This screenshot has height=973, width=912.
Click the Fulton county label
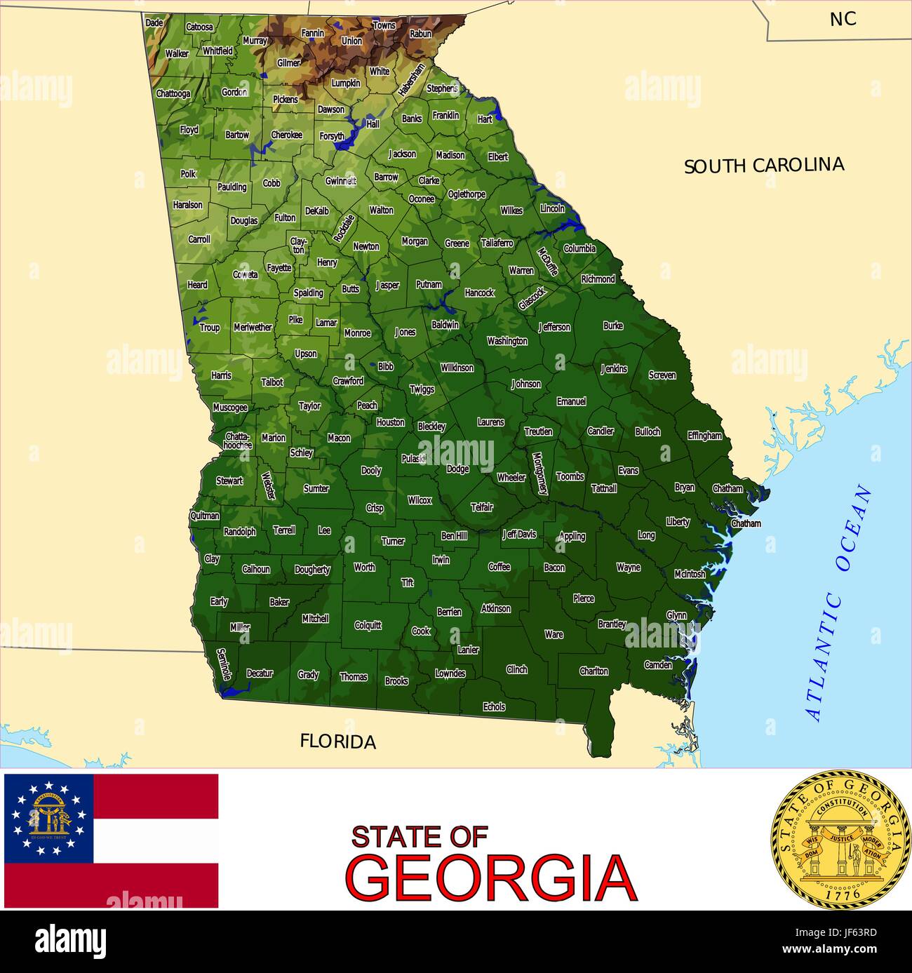click(285, 217)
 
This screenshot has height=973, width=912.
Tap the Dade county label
click(154, 22)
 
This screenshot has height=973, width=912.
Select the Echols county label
click(494, 706)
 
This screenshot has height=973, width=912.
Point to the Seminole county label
click(224, 663)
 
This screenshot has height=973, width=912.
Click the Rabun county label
click(420, 33)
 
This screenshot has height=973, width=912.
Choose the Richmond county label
click(598, 279)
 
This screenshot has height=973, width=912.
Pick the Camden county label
click(658, 664)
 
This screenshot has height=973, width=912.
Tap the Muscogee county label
click(230, 407)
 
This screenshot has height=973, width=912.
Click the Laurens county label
click(490, 422)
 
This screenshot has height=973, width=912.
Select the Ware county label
click(554, 634)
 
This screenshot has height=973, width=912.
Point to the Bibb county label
click(386, 366)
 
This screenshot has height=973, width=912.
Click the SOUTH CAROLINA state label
click(764, 166)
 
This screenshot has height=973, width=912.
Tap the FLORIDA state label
click(337, 741)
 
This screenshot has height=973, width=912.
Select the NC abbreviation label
click(843, 19)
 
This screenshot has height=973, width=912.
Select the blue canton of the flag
click(48, 819)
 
